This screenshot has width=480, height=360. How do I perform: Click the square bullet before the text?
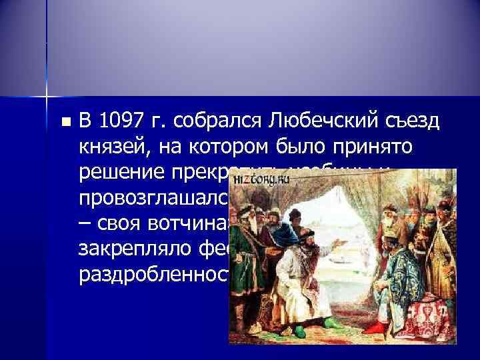(65, 123)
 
